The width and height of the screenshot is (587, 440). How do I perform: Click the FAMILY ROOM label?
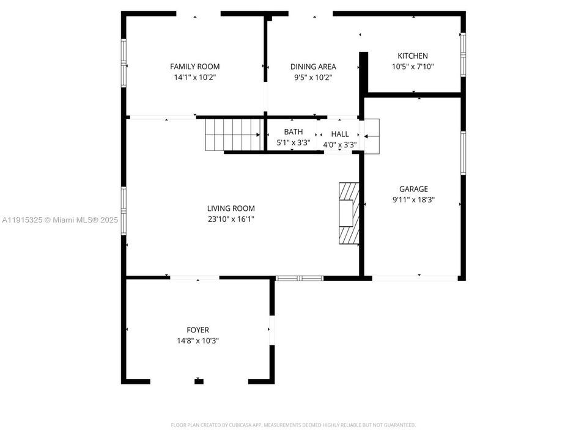pyautogui.click(x=194, y=67)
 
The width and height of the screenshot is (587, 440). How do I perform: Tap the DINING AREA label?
pyautogui.click(x=313, y=67)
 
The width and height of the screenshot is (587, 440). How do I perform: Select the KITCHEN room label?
pyautogui.click(x=413, y=56)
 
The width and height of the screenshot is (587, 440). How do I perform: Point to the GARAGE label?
pyautogui.click(x=413, y=189)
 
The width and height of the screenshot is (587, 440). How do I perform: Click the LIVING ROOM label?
pyautogui.click(x=231, y=208)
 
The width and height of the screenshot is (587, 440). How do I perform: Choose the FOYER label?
pyautogui.click(x=198, y=330)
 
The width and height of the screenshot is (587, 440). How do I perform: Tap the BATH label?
pyautogui.click(x=293, y=132)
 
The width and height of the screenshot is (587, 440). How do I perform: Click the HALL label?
pyautogui.click(x=340, y=134)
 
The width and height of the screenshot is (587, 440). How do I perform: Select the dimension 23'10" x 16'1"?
pyautogui.click(x=231, y=219)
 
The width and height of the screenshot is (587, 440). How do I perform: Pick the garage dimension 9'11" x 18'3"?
pyautogui.click(x=414, y=200)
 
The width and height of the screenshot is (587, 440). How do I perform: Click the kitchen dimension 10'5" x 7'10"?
pyautogui.click(x=413, y=67)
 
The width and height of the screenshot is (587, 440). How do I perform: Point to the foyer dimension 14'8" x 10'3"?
pyautogui.click(x=198, y=341)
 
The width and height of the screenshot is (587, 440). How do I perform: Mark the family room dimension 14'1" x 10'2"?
pyautogui.click(x=195, y=78)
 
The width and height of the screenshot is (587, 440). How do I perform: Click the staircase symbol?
pyautogui.click(x=233, y=134)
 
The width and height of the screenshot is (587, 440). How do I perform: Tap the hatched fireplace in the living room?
pyautogui.click(x=349, y=213)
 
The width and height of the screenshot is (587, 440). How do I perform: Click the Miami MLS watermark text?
pyautogui.click(x=60, y=220)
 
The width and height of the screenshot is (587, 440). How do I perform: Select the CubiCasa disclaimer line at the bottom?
pyautogui.click(x=293, y=425)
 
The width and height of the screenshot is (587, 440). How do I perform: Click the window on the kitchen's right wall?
pyautogui.click(x=463, y=54)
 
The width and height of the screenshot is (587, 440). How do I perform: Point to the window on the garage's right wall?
pyautogui.click(x=463, y=153)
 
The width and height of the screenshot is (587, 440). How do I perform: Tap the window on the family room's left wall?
pyautogui.click(x=124, y=63)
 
